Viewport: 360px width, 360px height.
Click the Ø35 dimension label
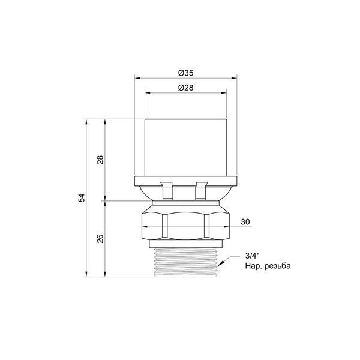click(x=185, y=73)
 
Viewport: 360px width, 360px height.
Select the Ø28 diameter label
click(x=185, y=88)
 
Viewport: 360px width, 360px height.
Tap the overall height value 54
click(x=82, y=197)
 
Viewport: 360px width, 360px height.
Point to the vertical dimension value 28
click(x=100, y=160)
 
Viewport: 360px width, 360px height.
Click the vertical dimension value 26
click(x=100, y=239)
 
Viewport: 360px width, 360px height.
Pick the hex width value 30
click(x=245, y=222)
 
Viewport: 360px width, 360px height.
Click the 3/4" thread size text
click(x=253, y=256)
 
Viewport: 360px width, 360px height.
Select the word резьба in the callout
click(x=278, y=266)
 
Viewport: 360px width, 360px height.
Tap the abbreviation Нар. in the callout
click(x=253, y=266)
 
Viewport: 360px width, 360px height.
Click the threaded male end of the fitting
click(x=185, y=262)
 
